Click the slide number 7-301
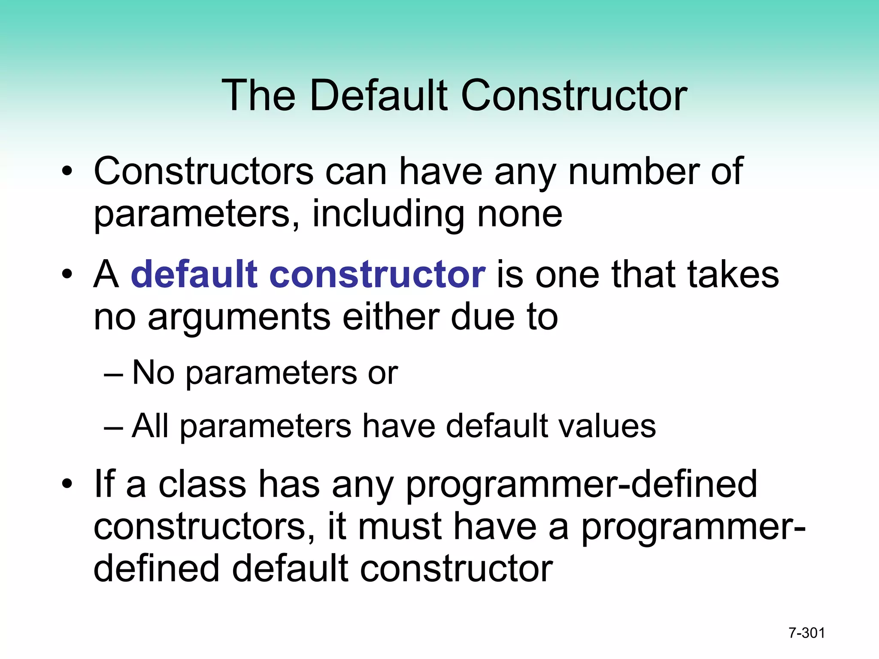(807, 633)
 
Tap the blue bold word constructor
(377, 275)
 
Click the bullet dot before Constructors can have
(67, 172)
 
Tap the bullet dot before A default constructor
(67, 275)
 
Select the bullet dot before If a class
(67, 484)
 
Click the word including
(388, 215)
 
